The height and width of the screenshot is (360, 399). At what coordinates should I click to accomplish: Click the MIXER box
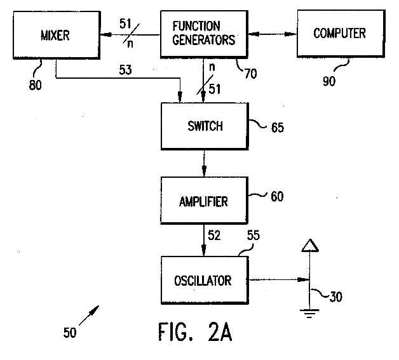point(57,35)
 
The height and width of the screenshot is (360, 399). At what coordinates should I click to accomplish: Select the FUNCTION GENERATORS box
point(204,34)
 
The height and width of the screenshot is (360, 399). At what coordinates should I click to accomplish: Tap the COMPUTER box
point(341,34)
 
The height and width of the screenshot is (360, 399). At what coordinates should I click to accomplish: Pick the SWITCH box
point(205,126)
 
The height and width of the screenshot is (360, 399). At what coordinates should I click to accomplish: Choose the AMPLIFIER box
point(204,201)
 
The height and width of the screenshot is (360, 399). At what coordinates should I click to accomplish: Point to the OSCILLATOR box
point(205,280)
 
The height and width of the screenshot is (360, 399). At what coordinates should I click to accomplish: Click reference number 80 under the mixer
point(35,84)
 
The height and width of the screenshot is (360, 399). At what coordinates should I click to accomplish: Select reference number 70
point(251,74)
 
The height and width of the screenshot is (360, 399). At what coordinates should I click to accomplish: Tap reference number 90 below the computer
point(329,81)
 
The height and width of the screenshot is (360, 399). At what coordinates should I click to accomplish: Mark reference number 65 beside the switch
point(278,128)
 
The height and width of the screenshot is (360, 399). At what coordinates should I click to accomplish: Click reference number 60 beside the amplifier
point(277,196)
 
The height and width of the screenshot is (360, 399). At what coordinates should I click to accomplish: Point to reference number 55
point(254,235)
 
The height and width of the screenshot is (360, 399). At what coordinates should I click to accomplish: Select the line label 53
point(125,70)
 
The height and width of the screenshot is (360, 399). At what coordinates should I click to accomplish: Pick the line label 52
point(214,235)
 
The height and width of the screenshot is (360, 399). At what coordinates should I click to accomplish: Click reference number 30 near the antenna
point(336,297)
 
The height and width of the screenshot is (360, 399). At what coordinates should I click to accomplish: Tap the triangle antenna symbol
point(310,246)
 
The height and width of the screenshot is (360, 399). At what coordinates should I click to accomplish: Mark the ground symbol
point(309,314)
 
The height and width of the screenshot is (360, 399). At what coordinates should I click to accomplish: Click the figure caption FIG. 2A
point(195,331)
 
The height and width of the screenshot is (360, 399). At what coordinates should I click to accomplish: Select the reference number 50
point(70,333)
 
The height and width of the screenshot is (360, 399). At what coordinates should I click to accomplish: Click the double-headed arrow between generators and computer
point(273,34)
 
